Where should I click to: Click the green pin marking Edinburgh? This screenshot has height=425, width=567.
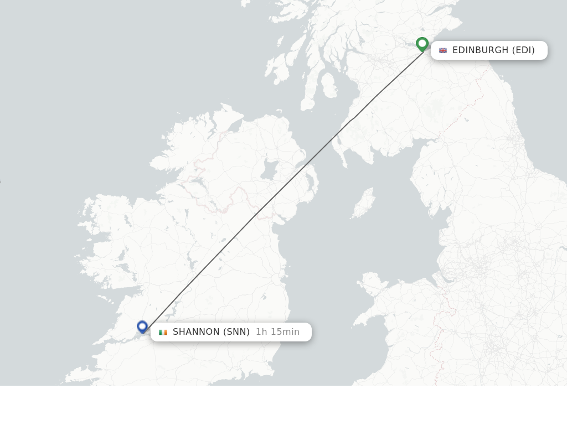tap(422, 44)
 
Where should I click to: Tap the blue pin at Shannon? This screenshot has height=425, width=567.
tap(142, 326)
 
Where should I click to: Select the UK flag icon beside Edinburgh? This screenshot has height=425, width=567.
tap(443, 50)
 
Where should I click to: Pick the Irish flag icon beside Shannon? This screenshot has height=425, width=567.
tap(163, 332)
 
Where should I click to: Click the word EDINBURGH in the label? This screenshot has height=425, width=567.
tap(480, 50)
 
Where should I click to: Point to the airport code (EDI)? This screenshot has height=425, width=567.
tap(523, 50)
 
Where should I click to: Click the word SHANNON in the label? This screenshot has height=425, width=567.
tap(196, 332)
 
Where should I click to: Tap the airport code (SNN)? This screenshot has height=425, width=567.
tap(236, 332)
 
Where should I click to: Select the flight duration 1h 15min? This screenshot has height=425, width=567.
tap(277, 332)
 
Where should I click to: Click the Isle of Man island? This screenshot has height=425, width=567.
tap(363, 204)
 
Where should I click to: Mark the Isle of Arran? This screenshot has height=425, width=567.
tap(328, 85)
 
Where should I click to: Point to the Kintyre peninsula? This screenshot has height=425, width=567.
tap(308, 94)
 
